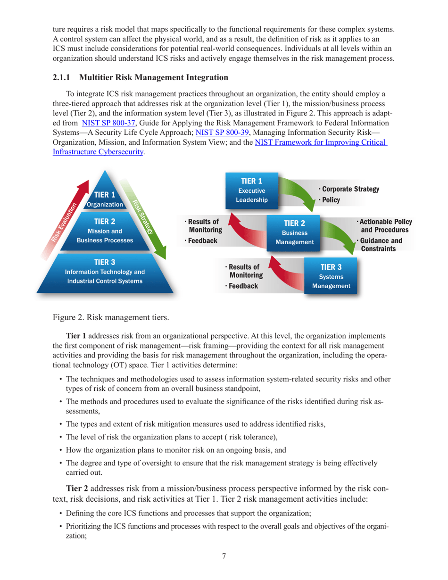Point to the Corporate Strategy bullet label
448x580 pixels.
351,189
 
